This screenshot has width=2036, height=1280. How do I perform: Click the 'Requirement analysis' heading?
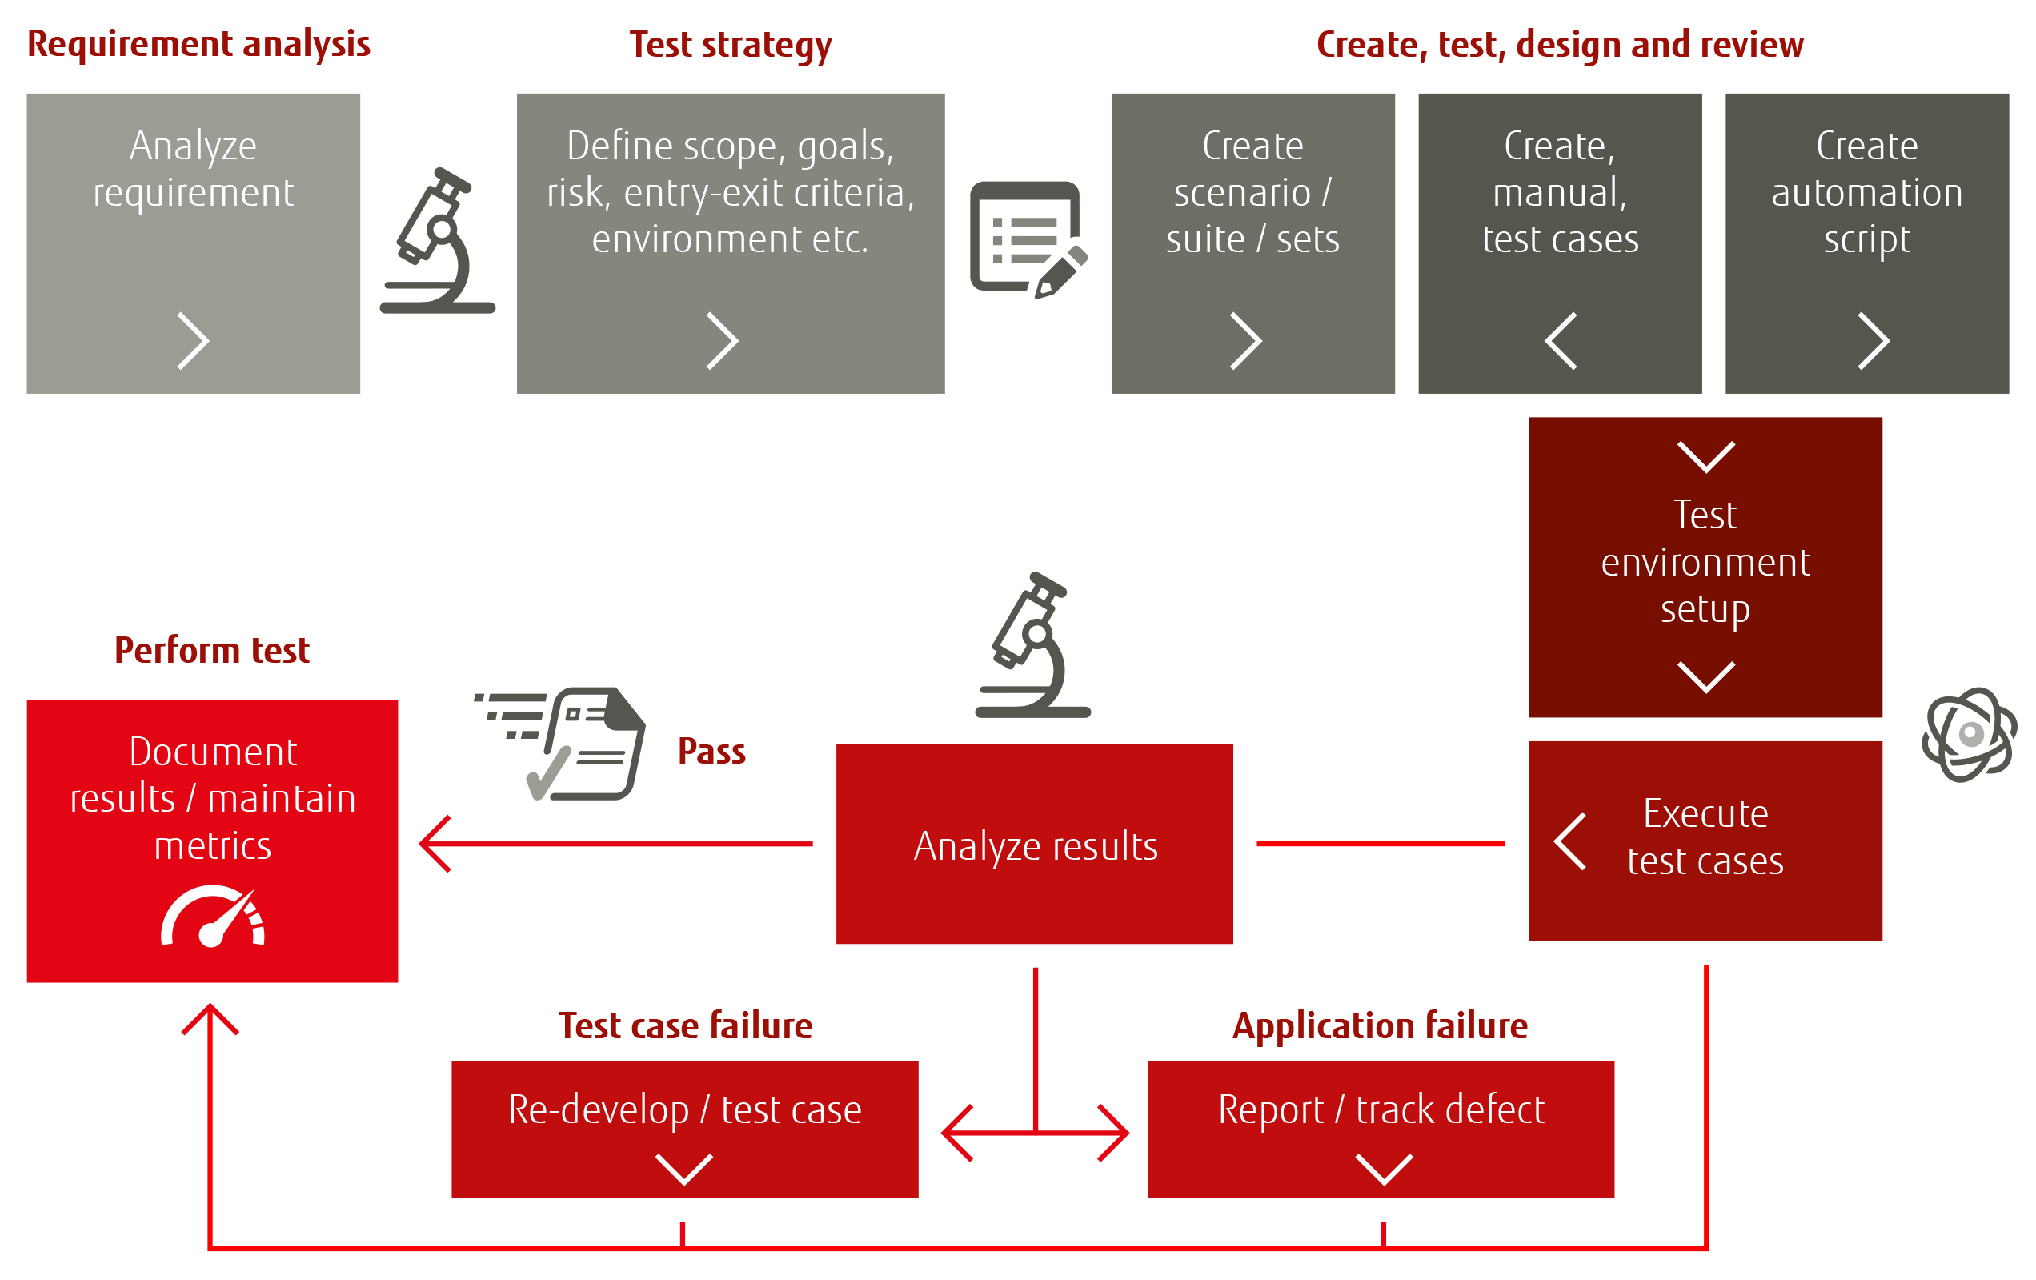(198, 44)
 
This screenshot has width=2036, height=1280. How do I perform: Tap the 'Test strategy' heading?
(731, 45)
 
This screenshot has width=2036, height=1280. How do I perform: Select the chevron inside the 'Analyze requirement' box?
(194, 341)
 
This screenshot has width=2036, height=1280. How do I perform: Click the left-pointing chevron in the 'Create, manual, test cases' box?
(1560, 341)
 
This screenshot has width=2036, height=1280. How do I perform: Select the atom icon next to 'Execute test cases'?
(1970, 734)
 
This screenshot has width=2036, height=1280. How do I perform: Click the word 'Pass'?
(711, 752)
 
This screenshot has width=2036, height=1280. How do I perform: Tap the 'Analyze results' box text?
(1035, 846)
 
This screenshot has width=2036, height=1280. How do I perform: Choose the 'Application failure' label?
(1380, 1025)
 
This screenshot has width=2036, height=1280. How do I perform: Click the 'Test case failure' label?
(685, 1025)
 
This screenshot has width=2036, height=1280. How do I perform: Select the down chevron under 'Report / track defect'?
(1384, 1170)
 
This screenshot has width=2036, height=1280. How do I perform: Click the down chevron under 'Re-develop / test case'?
(684, 1170)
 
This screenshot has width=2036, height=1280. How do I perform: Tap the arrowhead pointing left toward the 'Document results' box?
(435, 844)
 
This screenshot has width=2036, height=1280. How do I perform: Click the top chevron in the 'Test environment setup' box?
(1705, 456)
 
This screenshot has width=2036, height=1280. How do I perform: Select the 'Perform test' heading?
(211, 650)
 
